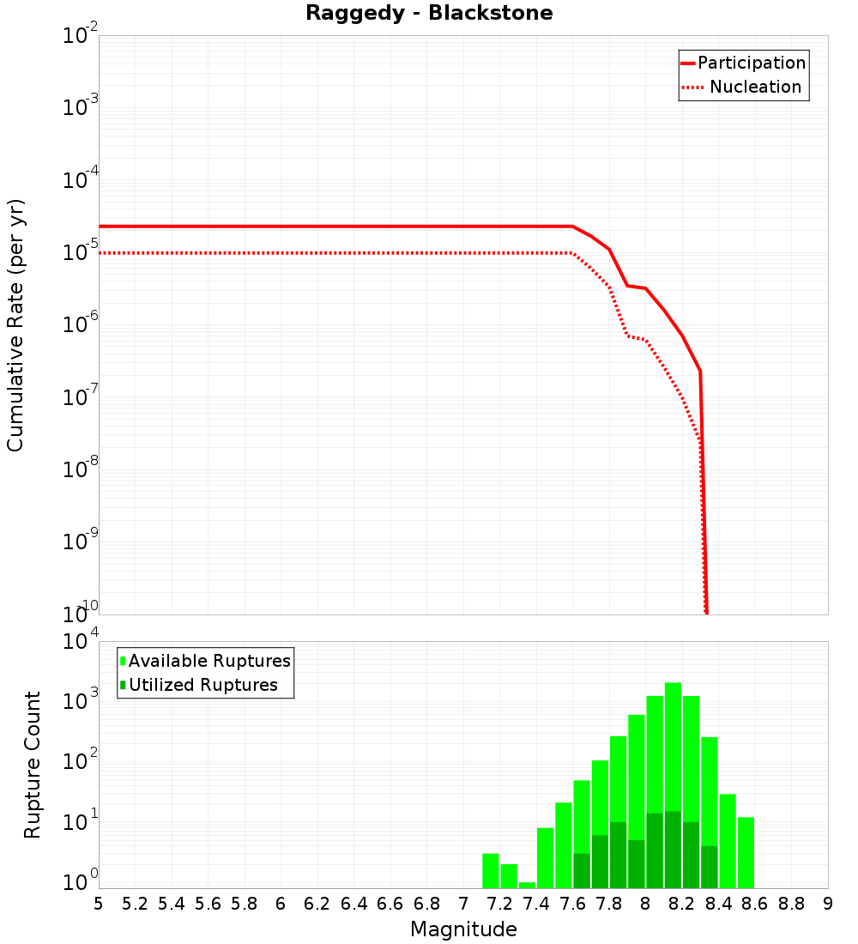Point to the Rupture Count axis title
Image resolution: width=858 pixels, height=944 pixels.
[33, 765]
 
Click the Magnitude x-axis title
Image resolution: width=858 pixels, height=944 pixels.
[463, 929]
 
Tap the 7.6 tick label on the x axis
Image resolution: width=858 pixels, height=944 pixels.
[572, 904]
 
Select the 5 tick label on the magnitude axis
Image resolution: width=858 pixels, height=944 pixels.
[99, 904]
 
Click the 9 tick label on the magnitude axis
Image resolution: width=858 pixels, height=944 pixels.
[827, 904]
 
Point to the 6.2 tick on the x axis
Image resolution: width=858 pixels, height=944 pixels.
[317, 904]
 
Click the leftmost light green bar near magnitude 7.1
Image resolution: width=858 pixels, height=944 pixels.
[490, 870]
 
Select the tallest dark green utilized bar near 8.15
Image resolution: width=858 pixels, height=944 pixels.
[673, 850]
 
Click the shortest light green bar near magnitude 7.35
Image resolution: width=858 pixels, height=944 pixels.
[527, 885]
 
